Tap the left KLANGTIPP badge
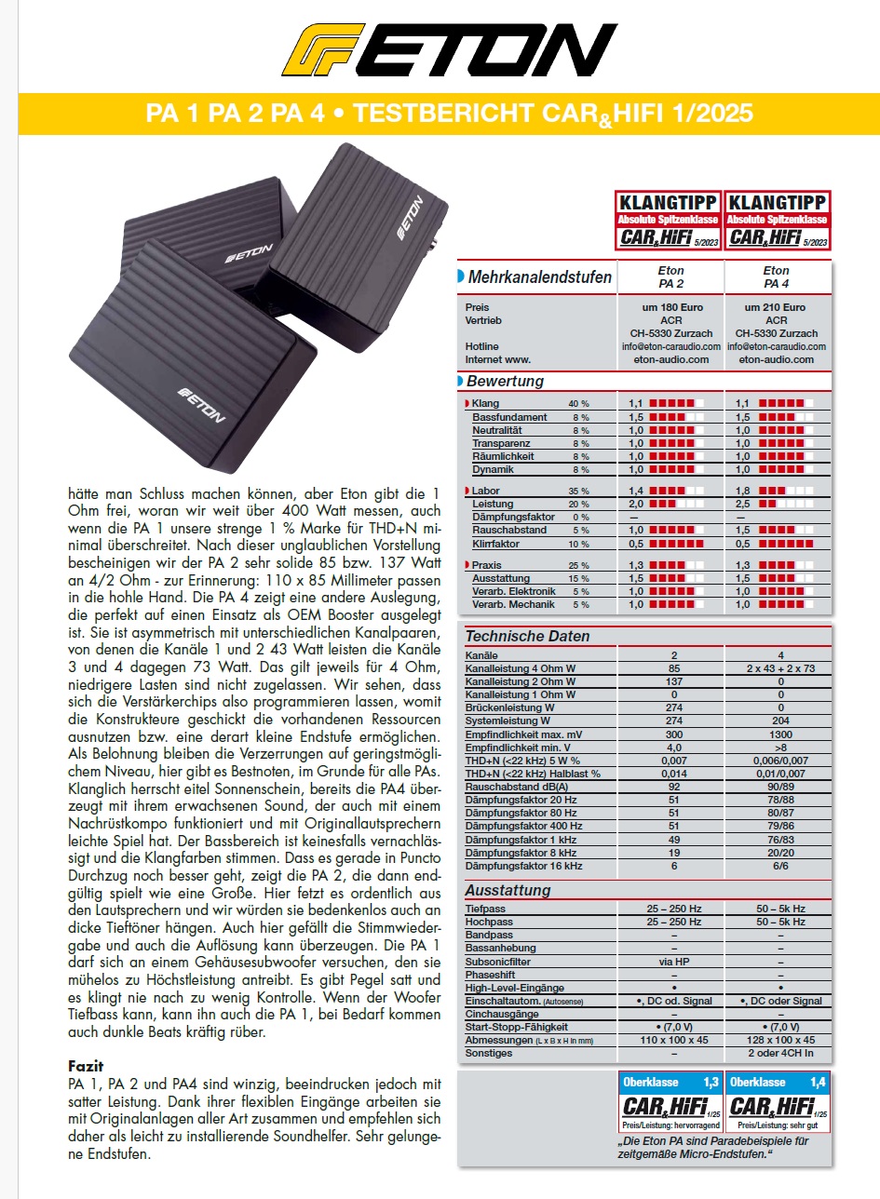[x=667, y=220]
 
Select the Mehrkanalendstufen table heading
[x=540, y=276]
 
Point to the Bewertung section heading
[x=505, y=381]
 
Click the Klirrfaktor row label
[x=496, y=544]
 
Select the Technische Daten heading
[x=527, y=637]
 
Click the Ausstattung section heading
[x=508, y=890]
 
